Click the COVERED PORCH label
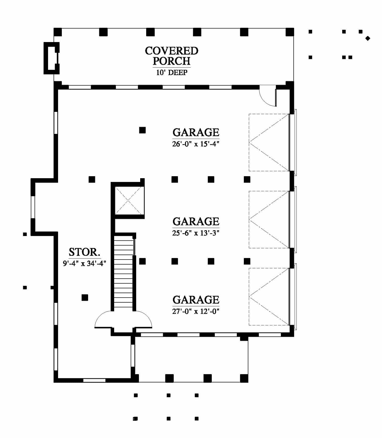172,56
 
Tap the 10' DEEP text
172,73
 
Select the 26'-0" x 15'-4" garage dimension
196,144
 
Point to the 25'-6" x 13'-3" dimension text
196,233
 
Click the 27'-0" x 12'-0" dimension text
196,311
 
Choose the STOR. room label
85,252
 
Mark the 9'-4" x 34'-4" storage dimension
85,263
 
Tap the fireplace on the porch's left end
52,58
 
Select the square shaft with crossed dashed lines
129,200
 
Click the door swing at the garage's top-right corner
267,96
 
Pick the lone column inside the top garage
142,130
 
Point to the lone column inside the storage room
85,297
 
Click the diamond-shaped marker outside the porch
368,38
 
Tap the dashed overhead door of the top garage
269,142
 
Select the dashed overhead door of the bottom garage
269,297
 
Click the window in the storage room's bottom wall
94,380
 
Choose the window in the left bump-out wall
33,207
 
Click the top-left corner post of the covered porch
58,32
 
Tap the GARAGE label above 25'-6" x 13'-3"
196,222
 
